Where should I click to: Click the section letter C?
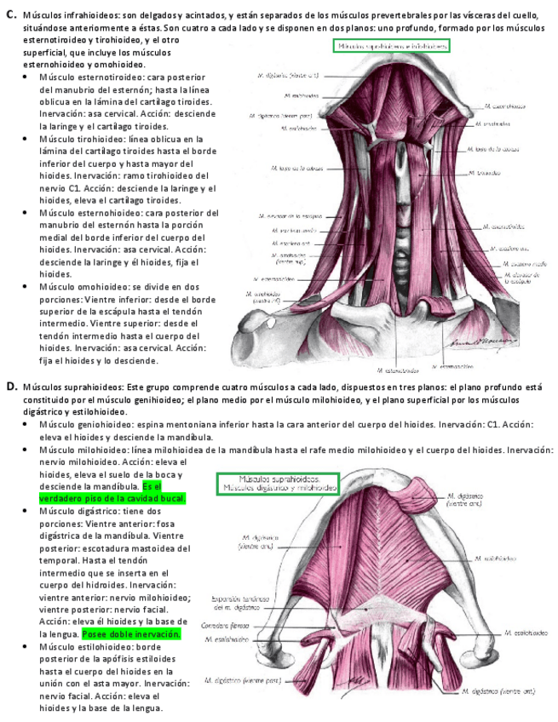11,14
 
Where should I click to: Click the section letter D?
11,387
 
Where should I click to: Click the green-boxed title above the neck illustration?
391,47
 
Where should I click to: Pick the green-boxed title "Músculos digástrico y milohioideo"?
279,484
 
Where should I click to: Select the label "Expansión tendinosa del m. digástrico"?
235,604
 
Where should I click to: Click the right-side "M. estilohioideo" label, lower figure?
524,633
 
